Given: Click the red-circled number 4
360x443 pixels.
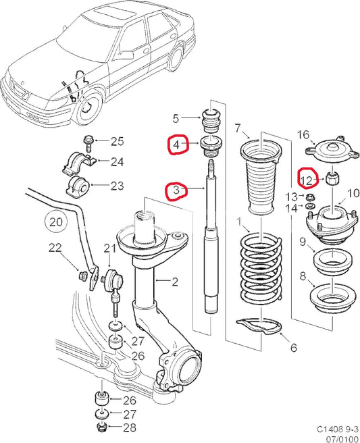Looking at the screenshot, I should (x=177, y=145).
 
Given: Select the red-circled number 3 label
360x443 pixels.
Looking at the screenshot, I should (x=176, y=191).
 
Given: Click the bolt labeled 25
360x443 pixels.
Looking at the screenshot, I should (x=90, y=142).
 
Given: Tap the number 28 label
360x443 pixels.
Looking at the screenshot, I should (x=128, y=428).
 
